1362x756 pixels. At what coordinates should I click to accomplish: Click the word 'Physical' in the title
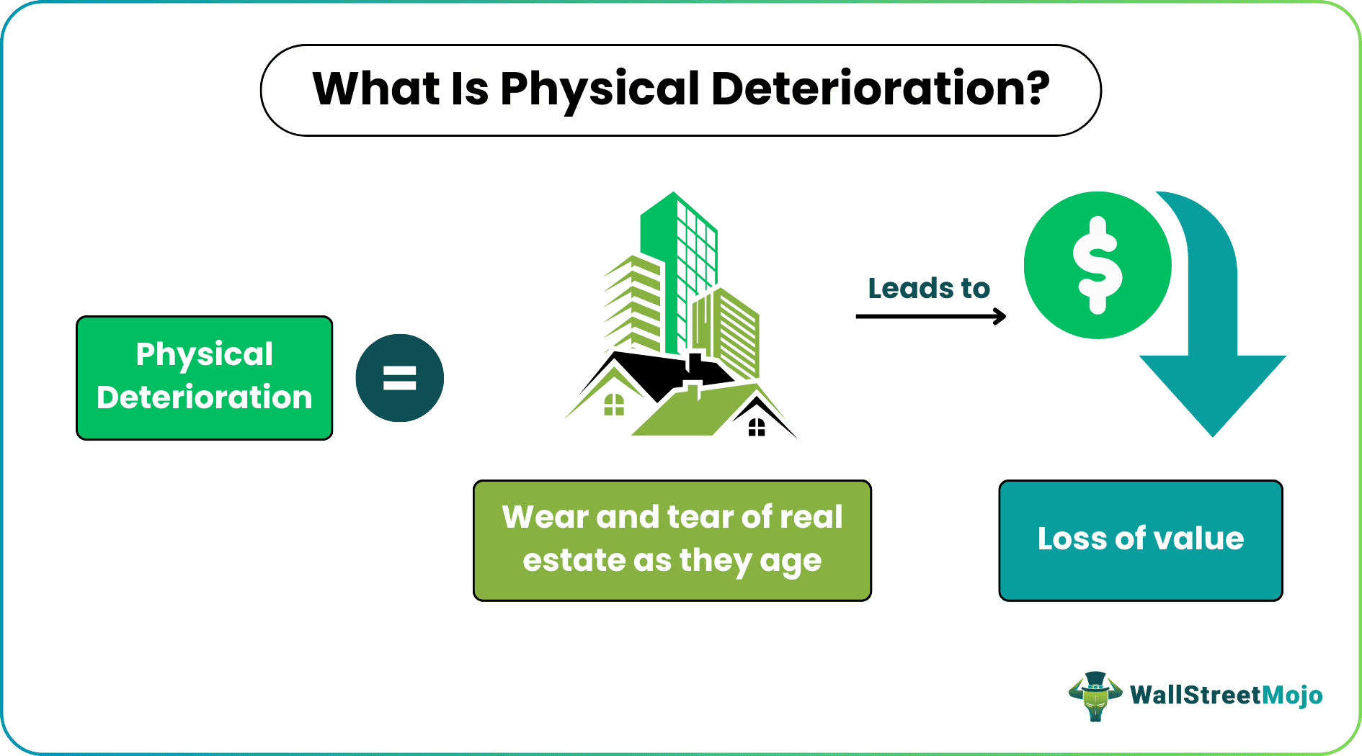[599, 89]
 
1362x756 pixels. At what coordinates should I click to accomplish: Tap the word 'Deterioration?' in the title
[880, 89]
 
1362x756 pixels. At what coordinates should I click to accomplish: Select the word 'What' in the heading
[375, 89]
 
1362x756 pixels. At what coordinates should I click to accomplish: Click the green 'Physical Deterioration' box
[204, 377]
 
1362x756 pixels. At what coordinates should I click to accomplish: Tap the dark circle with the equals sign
[399, 378]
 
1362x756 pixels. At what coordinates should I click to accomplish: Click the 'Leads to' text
[928, 288]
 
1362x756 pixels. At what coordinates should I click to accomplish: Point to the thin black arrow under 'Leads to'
[930, 316]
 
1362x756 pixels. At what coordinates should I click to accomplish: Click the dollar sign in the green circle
[1097, 265]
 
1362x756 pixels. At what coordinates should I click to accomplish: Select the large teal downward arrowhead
[1212, 392]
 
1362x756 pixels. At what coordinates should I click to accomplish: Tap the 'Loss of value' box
[1140, 540]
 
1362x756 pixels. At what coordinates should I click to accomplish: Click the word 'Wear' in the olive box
[544, 517]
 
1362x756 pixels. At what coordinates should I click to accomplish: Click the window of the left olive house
[613, 405]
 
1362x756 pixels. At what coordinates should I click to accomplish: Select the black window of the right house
[756, 428]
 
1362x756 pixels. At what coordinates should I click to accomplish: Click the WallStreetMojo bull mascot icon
[1095, 696]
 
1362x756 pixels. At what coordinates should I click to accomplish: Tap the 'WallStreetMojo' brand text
[1226, 696]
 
